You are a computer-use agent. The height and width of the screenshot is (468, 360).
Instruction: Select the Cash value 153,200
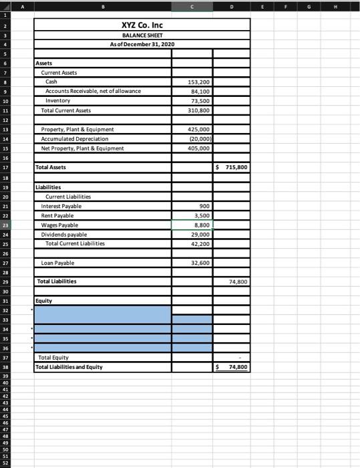point(200,81)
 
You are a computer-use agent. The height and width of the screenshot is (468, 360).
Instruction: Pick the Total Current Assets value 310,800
point(200,110)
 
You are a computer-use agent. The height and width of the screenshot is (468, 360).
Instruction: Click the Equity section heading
point(44,301)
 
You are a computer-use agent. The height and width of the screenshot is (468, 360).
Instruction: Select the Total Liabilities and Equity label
point(69,367)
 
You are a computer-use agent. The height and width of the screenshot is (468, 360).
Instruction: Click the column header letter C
point(192,6)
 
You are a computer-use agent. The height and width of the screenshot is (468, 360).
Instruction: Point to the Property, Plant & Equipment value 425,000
point(200,129)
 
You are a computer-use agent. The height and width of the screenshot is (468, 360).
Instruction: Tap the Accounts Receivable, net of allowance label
point(93,90)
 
